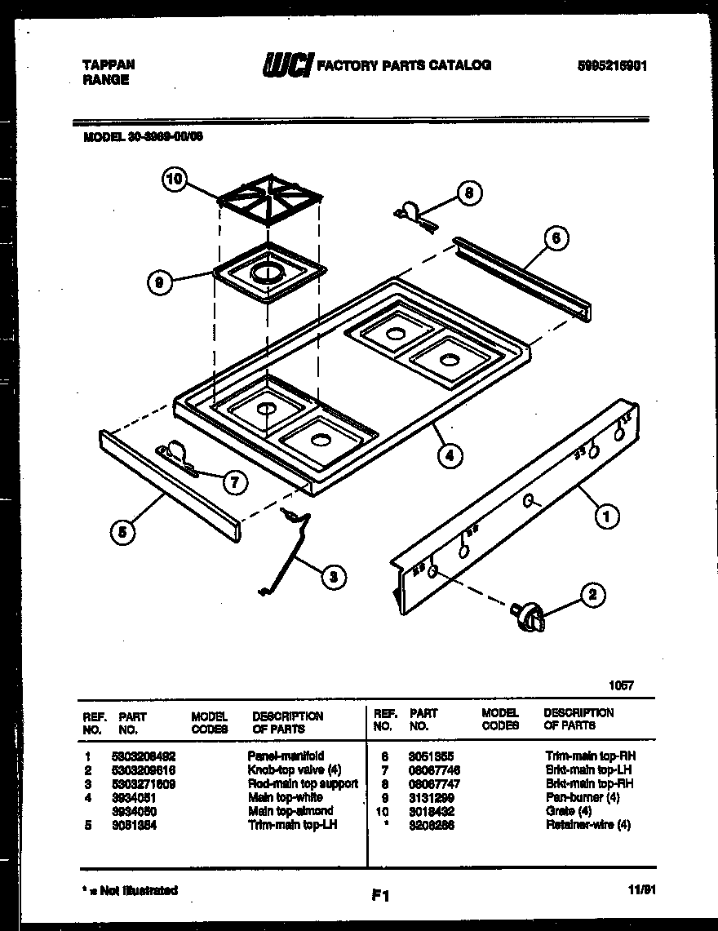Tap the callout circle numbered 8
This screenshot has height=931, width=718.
468,193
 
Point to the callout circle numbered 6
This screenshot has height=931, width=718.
556,238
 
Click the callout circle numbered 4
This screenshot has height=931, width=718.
448,456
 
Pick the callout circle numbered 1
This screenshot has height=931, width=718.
605,515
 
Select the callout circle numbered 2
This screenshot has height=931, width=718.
592,596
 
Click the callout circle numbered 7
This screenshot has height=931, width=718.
234,482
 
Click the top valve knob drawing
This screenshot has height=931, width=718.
530,616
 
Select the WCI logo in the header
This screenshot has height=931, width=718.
286,65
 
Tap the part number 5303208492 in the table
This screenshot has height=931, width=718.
144,756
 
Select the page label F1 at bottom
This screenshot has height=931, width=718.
379,896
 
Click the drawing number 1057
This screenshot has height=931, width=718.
619,685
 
